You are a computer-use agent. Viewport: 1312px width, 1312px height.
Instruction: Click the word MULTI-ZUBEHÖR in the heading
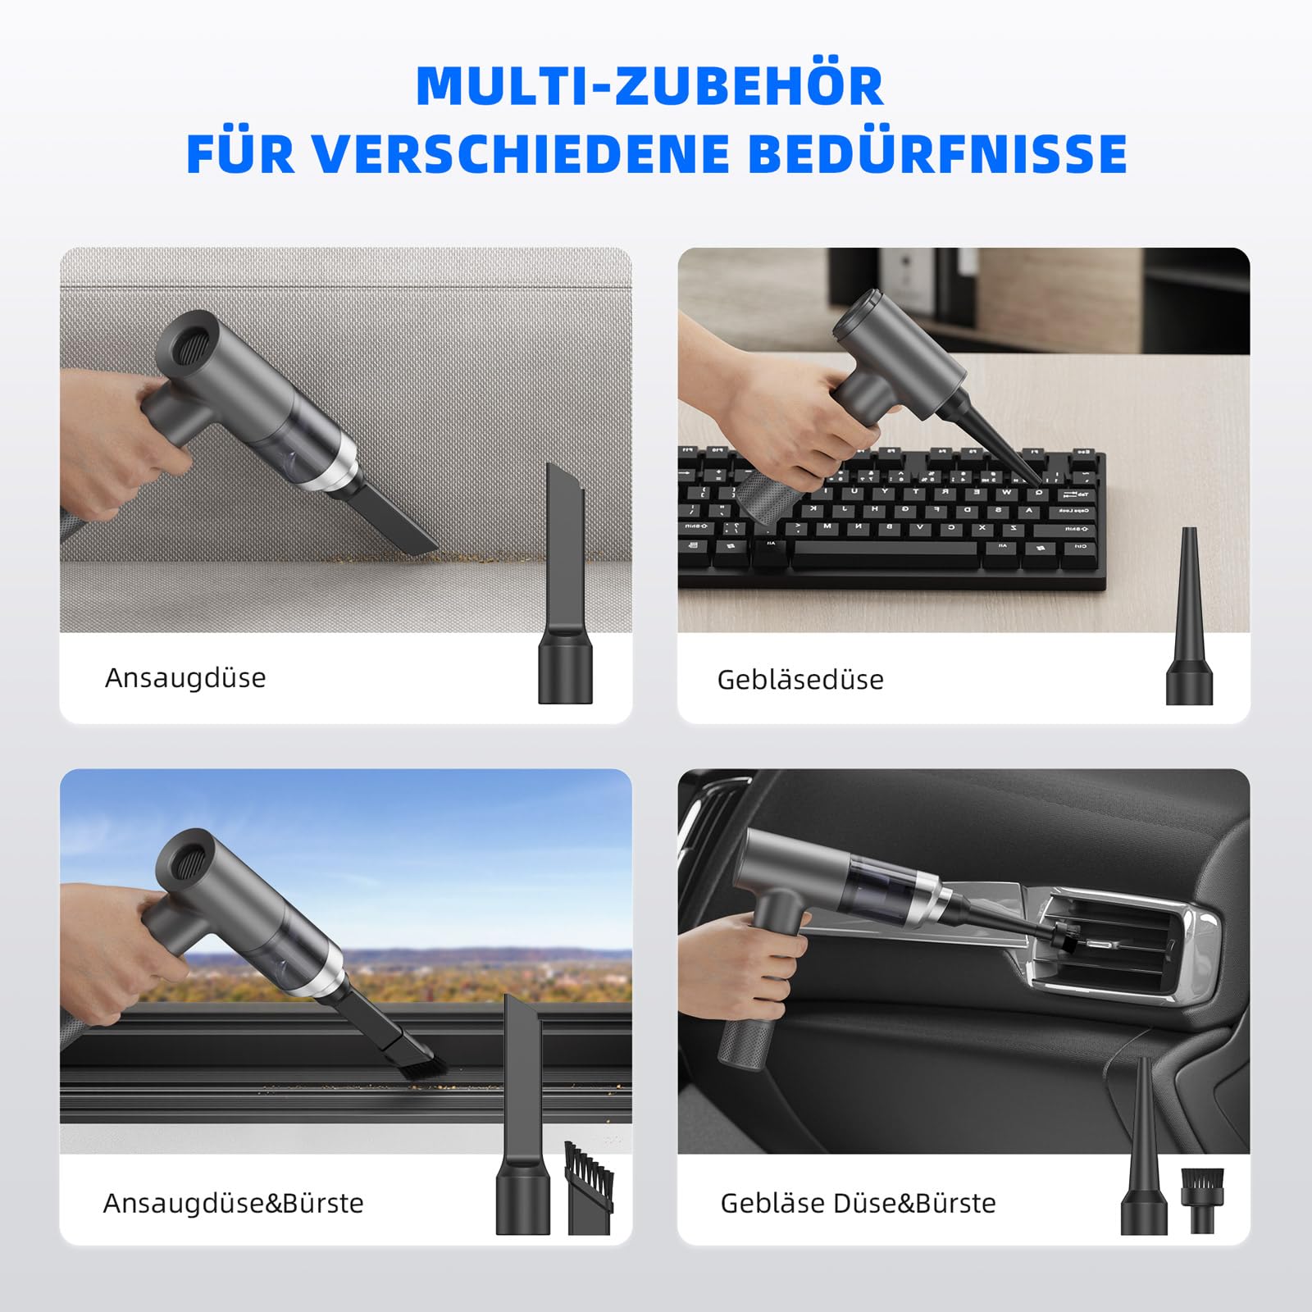(x=649, y=85)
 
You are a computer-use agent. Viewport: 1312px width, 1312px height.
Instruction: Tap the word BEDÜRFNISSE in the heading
(x=937, y=153)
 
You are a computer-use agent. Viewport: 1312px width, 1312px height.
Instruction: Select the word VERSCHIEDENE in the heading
(x=521, y=153)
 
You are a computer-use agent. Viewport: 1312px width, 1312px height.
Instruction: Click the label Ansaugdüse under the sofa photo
(x=185, y=678)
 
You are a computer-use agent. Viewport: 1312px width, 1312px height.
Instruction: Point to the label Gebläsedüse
(x=800, y=680)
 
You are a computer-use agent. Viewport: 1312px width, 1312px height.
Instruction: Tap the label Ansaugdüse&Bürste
(x=233, y=1203)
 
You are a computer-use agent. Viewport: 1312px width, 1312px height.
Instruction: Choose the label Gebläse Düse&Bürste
(x=858, y=1203)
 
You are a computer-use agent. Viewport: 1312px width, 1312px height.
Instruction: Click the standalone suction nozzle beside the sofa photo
(x=565, y=582)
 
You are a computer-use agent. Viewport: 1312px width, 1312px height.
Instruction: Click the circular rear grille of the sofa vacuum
(x=187, y=339)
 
